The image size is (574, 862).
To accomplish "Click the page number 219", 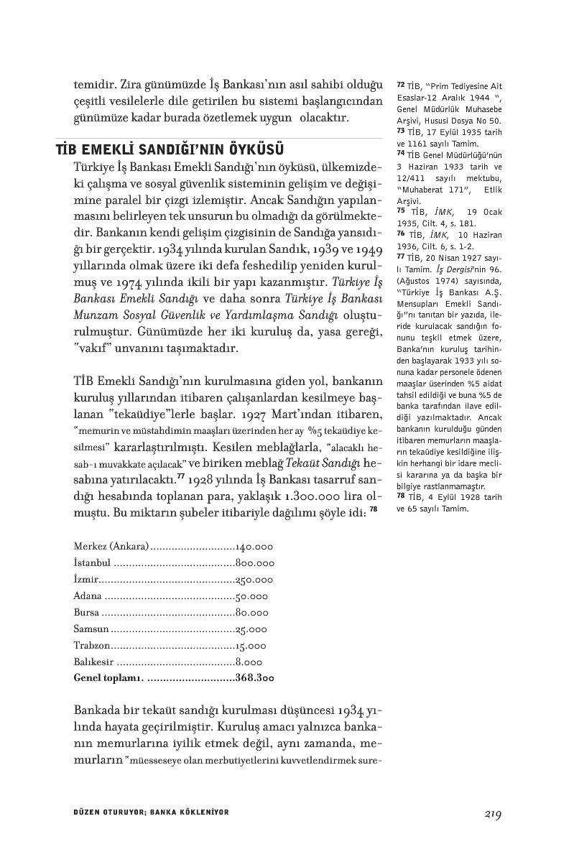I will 492,814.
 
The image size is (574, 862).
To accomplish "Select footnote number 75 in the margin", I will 401,210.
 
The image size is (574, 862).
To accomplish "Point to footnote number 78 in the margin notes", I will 401,496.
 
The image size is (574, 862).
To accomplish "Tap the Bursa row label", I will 88,613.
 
